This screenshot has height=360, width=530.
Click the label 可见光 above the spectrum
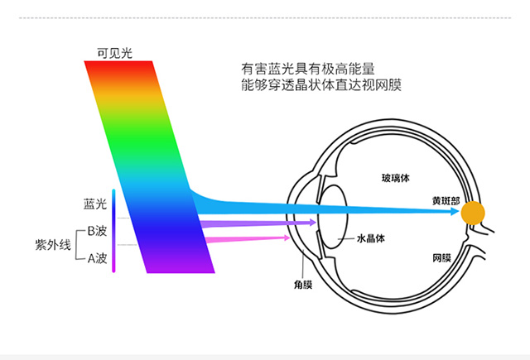tap(114, 53)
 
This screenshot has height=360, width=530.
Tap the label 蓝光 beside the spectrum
tap(95, 204)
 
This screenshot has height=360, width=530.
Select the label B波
tap(97, 231)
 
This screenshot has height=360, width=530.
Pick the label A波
tap(98, 258)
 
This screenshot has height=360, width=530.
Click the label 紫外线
tap(53, 244)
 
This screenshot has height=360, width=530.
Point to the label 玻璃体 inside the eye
tap(396, 178)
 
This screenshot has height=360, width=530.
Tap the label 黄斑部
tap(446, 201)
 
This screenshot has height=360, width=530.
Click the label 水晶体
tap(371, 238)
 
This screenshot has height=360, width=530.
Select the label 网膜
tap(441, 258)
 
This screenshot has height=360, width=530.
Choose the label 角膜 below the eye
tap(303, 285)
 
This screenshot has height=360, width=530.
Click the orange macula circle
tap(473, 213)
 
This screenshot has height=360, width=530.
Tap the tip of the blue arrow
tap(459, 212)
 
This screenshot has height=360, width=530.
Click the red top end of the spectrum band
tap(119, 65)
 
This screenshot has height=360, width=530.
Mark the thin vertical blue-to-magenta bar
tap(114, 231)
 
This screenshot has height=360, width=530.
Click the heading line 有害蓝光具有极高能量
tap(308, 69)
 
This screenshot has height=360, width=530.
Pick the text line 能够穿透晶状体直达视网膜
tap(321, 84)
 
